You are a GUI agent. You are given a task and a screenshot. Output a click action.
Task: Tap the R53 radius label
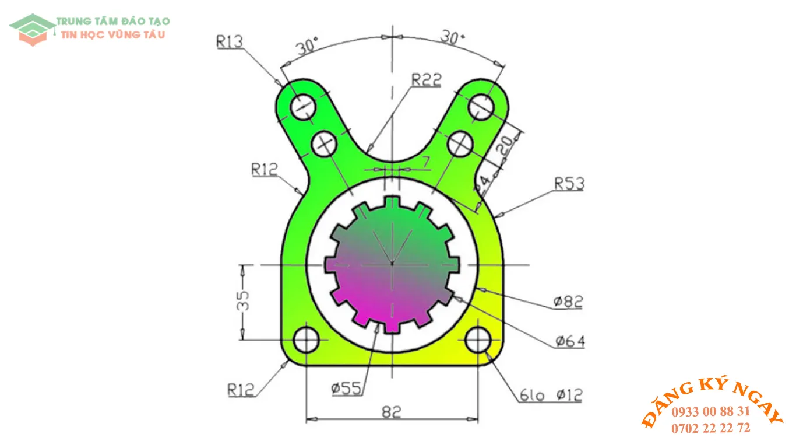tap(569, 184)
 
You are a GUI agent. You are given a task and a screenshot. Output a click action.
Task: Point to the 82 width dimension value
tap(392, 412)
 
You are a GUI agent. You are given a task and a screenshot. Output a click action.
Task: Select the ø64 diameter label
tap(569, 341)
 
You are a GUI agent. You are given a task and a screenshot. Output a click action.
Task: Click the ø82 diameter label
tap(568, 302)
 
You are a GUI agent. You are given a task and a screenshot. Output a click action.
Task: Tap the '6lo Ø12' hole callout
tap(551, 395)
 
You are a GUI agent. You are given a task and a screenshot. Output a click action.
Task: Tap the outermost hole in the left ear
tap(303, 107)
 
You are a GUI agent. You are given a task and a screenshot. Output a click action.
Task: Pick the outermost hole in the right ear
tap(481, 107)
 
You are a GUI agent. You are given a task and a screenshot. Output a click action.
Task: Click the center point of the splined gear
tap(392, 264)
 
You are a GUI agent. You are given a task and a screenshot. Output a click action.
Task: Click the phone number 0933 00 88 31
tap(710, 411)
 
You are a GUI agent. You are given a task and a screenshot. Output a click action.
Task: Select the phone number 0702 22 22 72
tap(710, 428)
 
